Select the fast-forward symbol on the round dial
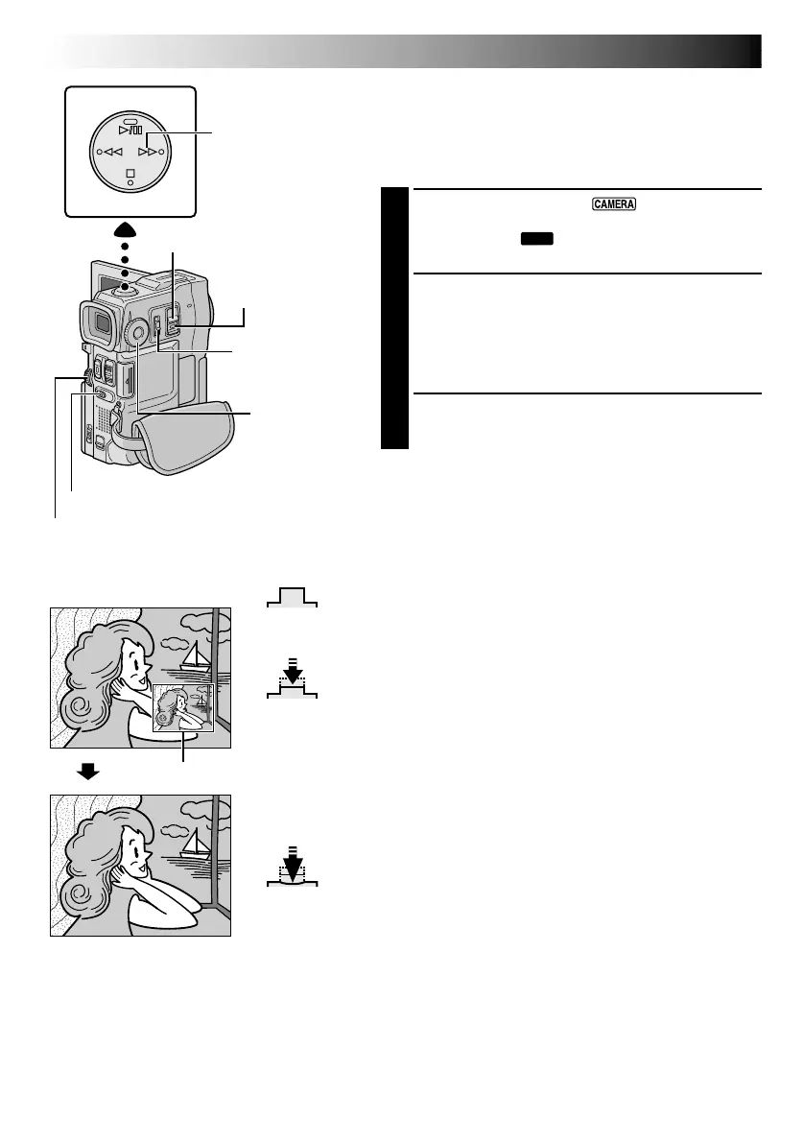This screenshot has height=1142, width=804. click(x=148, y=152)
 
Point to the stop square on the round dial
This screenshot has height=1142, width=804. click(x=130, y=174)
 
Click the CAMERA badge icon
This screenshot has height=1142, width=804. click(x=615, y=204)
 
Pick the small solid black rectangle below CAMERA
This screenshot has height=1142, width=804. click(x=537, y=237)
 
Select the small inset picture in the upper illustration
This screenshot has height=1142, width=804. click(x=180, y=707)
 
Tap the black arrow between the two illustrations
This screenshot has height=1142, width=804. click(x=88, y=771)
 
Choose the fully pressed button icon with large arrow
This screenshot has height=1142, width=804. click(x=293, y=869)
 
